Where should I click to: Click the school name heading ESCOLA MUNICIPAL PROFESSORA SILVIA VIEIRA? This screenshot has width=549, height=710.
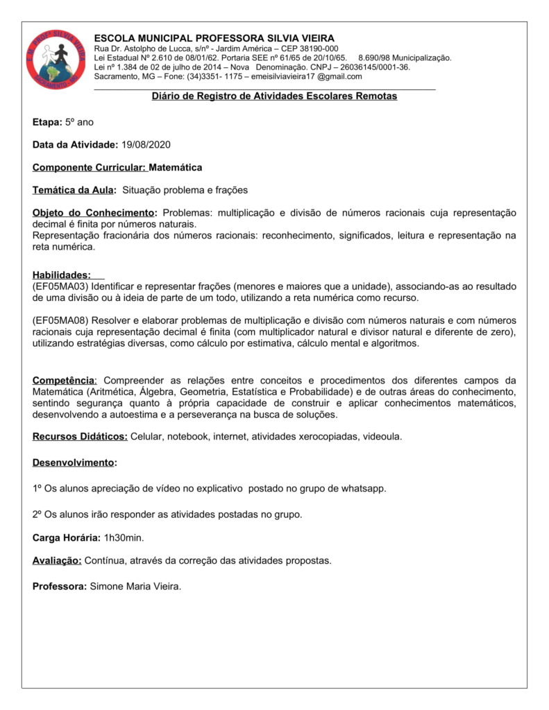coord(214,37)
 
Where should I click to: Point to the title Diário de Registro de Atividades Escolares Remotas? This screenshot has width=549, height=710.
coord(274,96)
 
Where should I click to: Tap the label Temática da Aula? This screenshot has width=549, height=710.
coord(74,190)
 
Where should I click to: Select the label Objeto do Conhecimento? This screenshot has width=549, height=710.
coord(94,213)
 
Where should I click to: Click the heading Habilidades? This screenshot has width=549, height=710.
coord(62,275)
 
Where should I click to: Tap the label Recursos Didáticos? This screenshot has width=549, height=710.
coord(80,437)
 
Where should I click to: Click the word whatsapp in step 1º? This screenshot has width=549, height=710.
coord(363,488)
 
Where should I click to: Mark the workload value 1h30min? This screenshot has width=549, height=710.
coord(124,537)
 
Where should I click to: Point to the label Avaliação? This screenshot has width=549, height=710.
coord(57,560)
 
